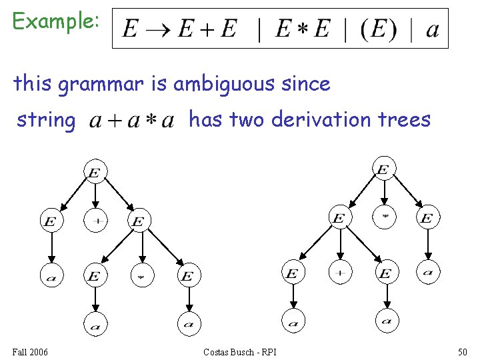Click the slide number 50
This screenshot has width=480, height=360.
click(x=462, y=351)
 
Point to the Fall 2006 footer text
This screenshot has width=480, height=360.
click(x=30, y=351)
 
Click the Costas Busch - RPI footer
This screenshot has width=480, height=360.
click(x=240, y=351)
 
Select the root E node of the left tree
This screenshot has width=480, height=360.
click(x=95, y=173)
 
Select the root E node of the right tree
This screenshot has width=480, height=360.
click(x=383, y=169)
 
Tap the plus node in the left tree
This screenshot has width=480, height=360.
click(x=95, y=221)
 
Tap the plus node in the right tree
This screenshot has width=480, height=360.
click(x=340, y=273)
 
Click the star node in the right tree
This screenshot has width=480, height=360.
click(x=383, y=217)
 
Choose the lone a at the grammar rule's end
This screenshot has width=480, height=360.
click(x=432, y=30)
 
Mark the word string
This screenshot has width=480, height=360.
click(x=45, y=120)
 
